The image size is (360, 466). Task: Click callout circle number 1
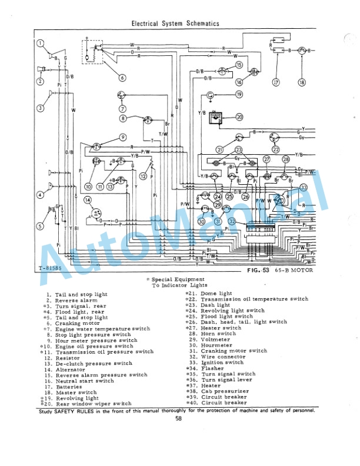pyautogui.click(x=41, y=43)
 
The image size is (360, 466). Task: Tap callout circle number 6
pyautogui.click(x=122, y=78)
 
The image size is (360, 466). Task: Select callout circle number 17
pyautogui.click(x=275, y=82)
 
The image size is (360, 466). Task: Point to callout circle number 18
pyautogui.click(x=302, y=82)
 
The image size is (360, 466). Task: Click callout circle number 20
pyautogui.click(x=239, y=117)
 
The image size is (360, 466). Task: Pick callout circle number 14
pyautogui.click(x=88, y=201)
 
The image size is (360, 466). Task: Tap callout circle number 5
pyautogui.click(x=41, y=226)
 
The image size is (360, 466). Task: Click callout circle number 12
pyautogui.click(x=143, y=175)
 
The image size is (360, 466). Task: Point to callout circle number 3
pyautogui.click(x=41, y=108)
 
